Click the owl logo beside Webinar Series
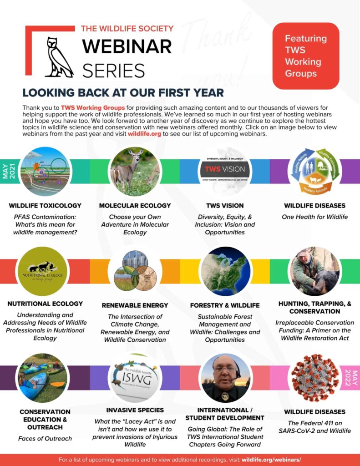[59, 57]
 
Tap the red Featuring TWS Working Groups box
[305, 56]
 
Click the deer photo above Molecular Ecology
[135, 172]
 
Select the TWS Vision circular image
[225, 171]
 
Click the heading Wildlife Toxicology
[45, 206]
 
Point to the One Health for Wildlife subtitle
[314, 217]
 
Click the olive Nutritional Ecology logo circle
[42, 271]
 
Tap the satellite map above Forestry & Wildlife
[225, 271]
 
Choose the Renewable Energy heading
[135, 305]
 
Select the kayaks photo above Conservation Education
[42, 378]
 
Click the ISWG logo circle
[135, 378]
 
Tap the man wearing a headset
[225, 378]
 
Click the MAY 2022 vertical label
[350, 378]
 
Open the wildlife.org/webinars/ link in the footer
[271, 460]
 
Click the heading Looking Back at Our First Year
[123, 93]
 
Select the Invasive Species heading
[135, 410]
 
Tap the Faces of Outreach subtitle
[45, 439]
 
